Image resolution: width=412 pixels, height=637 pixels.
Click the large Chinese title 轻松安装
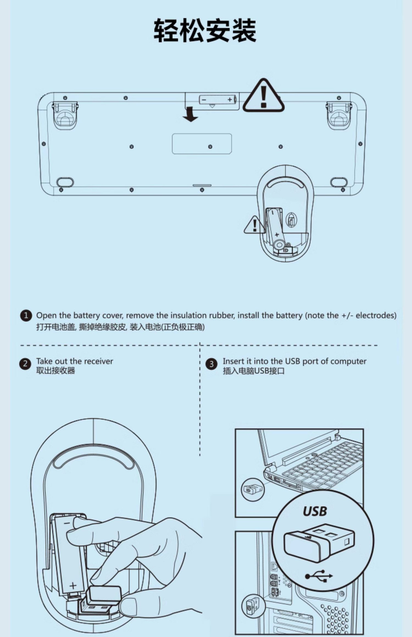pyautogui.click(x=205, y=31)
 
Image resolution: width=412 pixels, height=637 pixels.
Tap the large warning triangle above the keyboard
pyautogui.click(x=263, y=97)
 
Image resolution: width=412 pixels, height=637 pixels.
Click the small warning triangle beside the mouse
pyautogui.click(x=254, y=226)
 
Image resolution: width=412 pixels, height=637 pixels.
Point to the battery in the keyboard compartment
pyautogui.click(x=217, y=100)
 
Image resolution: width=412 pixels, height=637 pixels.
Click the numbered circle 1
pyautogui.click(x=26, y=316)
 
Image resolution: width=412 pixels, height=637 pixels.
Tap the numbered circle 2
pyautogui.click(x=25, y=364)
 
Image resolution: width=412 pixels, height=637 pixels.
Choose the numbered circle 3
pyautogui.click(x=211, y=364)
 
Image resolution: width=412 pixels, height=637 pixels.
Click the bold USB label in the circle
pyautogui.click(x=315, y=511)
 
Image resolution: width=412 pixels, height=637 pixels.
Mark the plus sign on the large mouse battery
pyautogui.click(x=73, y=586)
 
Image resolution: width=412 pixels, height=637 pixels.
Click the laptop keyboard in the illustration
pyautogui.click(x=322, y=464)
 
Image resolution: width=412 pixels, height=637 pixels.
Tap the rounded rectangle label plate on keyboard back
pyautogui.click(x=202, y=144)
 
